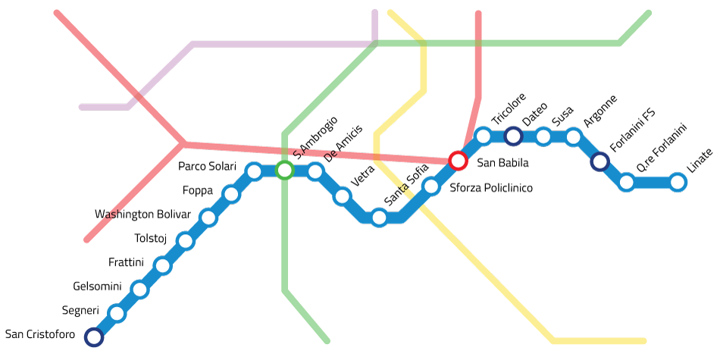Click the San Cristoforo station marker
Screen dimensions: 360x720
point(94,337)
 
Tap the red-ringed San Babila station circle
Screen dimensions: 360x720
point(458,161)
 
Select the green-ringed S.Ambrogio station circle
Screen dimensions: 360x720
point(284,170)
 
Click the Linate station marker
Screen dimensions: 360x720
point(678,182)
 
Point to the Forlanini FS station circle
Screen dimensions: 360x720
point(599,161)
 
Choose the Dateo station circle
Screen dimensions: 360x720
point(513,136)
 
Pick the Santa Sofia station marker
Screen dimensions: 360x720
point(379,218)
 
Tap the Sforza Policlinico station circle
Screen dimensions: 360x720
point(430,186)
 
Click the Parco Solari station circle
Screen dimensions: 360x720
point(254,171)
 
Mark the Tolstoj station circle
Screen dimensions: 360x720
point(185,241)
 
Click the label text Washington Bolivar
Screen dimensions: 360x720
point(142,214)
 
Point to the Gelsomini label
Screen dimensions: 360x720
point(97,286)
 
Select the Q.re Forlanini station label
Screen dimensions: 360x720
point(661,149)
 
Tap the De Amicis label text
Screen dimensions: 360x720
point(343,143)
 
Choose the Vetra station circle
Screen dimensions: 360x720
point(342,197)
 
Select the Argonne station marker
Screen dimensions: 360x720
point(573,137)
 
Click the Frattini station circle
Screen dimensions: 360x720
point(162,265)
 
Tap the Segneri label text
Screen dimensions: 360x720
point(80,311)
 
